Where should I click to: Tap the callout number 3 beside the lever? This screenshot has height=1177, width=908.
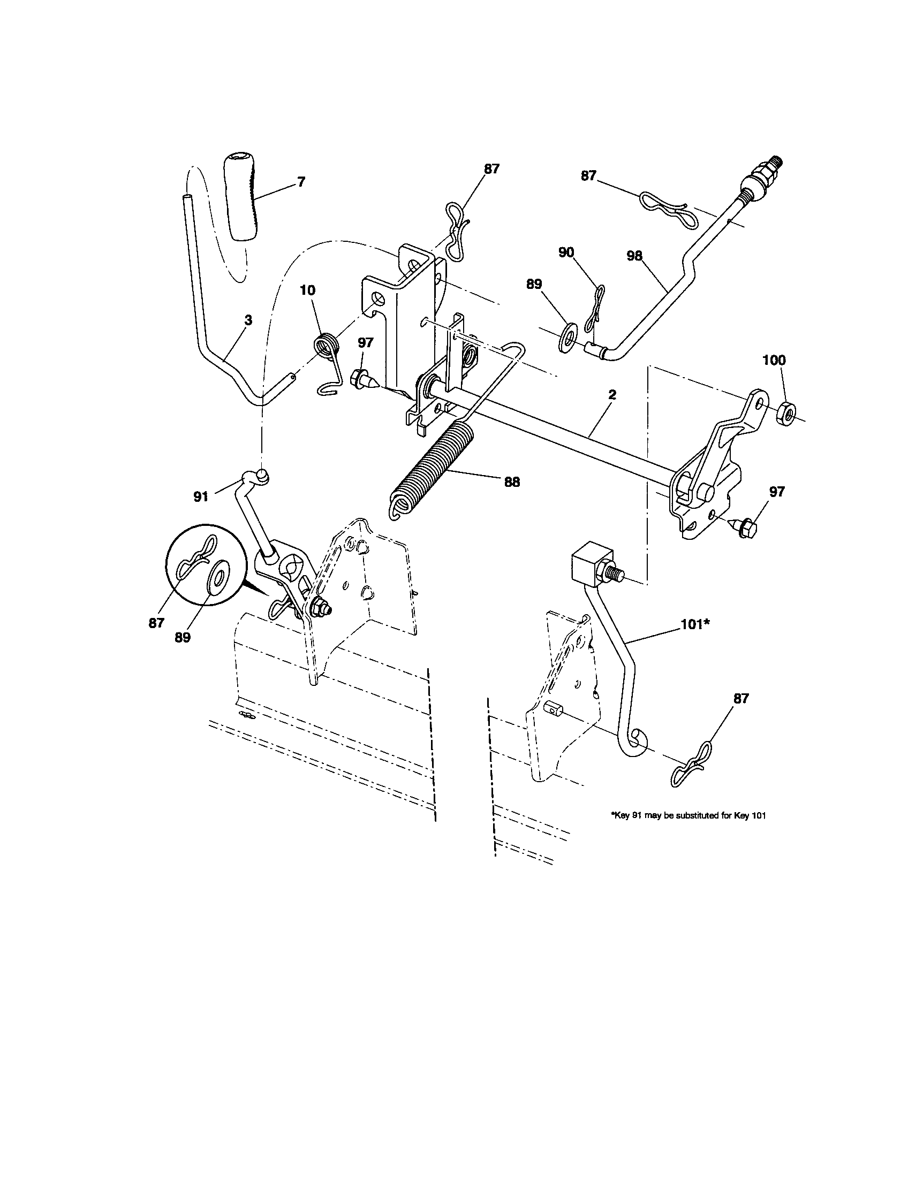[247, 320]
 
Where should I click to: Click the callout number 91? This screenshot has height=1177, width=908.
[201, 496]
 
